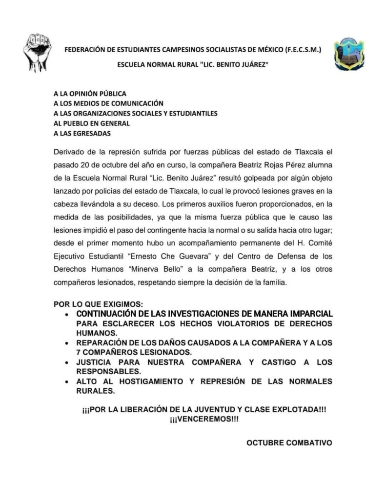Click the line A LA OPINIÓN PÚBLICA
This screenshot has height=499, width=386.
[90, 93]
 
